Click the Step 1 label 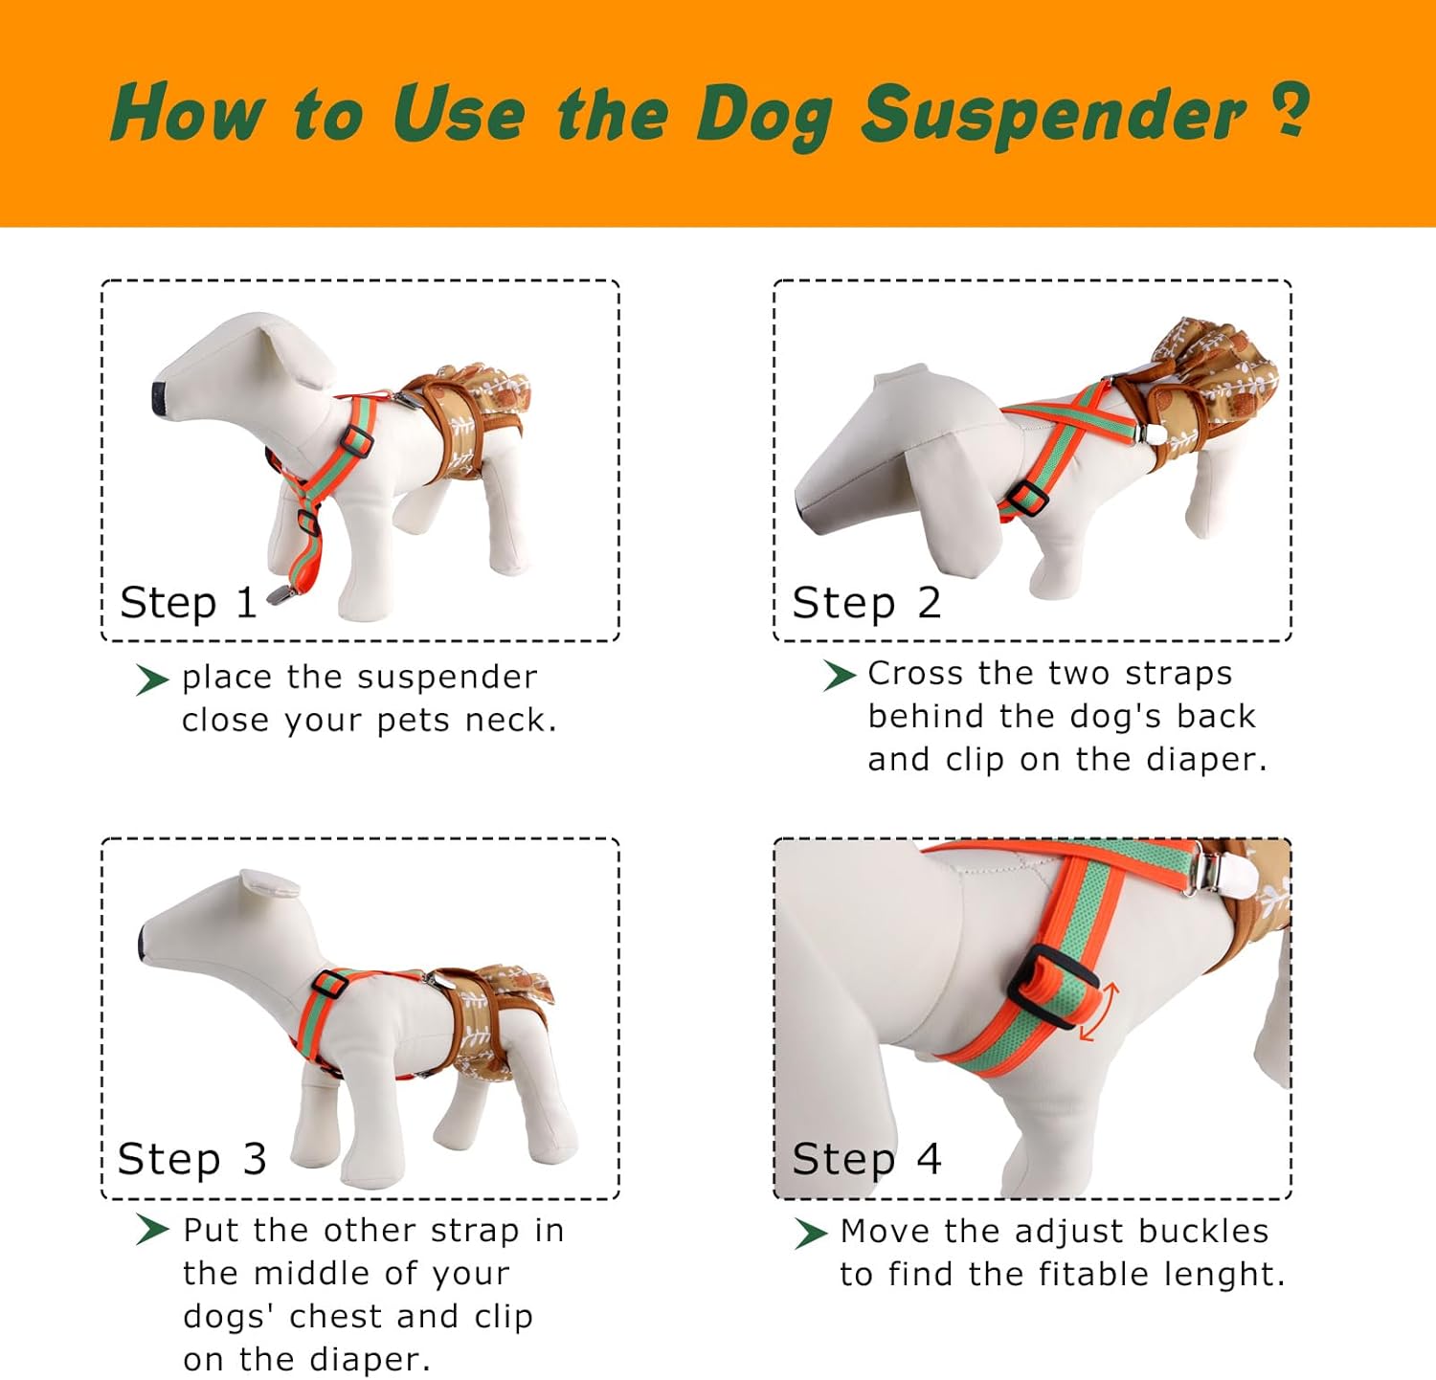point(189,603)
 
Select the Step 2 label point(866,603)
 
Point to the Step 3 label point(191,1159)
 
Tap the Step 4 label point(866,1159)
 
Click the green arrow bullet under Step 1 point(152,679)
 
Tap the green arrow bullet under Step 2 point(839,676)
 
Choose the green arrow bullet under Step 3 point(152,1230)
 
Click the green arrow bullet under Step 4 point(811,1233)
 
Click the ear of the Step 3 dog point(269,883)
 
